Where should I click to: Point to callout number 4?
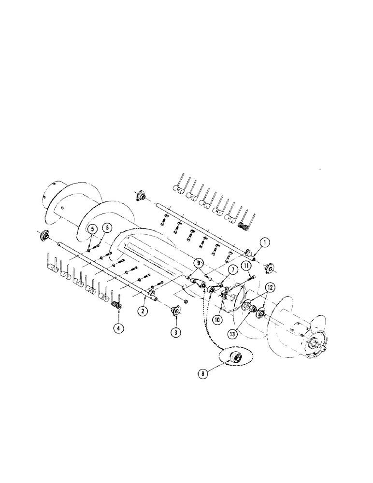[118, 328]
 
